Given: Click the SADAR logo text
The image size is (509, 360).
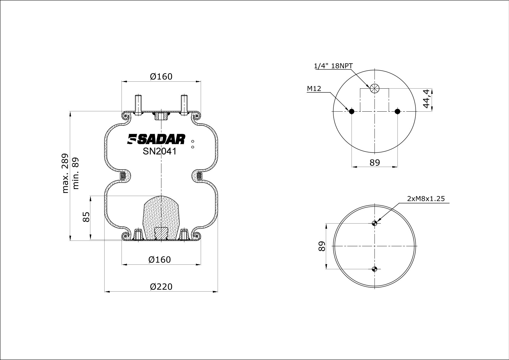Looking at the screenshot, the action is point(156,139).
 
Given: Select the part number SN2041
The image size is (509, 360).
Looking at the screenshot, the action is point(160,151).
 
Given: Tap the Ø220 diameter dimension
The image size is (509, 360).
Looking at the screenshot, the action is point(161,286).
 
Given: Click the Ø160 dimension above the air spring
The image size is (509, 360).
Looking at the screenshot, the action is point(161,77).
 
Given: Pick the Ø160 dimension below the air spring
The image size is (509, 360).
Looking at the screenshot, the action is point(160,260).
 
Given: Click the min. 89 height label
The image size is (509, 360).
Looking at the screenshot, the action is point(76,173).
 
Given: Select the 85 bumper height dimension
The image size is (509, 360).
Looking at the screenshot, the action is point(86,217).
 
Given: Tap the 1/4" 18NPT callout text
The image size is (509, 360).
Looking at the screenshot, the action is point(333,66).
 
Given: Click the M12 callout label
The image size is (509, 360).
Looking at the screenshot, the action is point(314,88).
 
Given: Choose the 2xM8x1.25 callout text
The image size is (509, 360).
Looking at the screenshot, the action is point(426,198).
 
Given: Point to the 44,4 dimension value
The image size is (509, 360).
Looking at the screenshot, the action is point(426,99).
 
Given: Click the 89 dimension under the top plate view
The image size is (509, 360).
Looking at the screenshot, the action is point(375,162).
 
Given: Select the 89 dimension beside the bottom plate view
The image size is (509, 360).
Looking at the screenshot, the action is point(322,246).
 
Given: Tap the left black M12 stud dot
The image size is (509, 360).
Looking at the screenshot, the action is point(352,111).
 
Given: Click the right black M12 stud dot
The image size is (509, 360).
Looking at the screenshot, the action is point(397,111).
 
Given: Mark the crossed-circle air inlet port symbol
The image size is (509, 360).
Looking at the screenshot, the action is point(374,88).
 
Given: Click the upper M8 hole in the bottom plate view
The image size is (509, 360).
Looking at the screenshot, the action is point(374,223).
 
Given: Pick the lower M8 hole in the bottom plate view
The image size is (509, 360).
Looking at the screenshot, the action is point(374,269).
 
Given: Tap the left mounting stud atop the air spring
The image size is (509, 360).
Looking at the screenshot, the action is point(138,105).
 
